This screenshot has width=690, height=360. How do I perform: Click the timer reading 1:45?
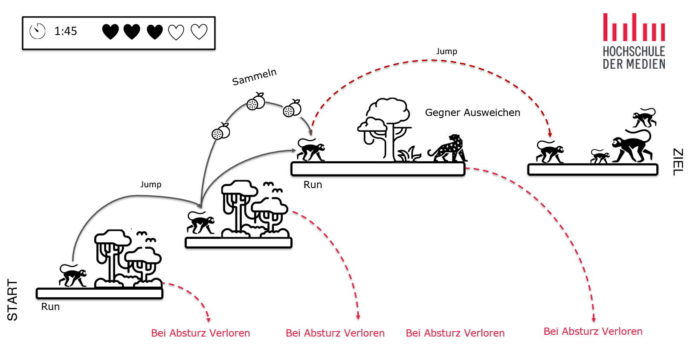66,31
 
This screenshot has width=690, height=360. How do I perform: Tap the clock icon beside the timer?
38,31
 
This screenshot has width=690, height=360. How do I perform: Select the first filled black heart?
110,32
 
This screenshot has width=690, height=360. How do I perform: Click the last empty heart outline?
199,32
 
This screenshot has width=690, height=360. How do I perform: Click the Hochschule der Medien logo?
634,41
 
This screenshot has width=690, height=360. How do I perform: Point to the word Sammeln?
254,77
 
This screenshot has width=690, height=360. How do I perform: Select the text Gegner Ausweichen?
473,113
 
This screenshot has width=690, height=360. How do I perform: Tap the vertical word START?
12,299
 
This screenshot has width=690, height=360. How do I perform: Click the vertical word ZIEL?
678,162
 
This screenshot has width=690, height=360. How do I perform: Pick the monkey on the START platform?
72,276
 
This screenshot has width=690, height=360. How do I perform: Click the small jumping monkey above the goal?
644,118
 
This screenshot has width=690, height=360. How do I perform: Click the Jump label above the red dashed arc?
446,52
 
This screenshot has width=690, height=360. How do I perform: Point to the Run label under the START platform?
50,307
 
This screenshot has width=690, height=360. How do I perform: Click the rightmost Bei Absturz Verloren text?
593,331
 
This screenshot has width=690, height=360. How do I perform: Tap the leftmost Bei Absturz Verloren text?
200,333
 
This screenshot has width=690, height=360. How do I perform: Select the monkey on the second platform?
200,223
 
